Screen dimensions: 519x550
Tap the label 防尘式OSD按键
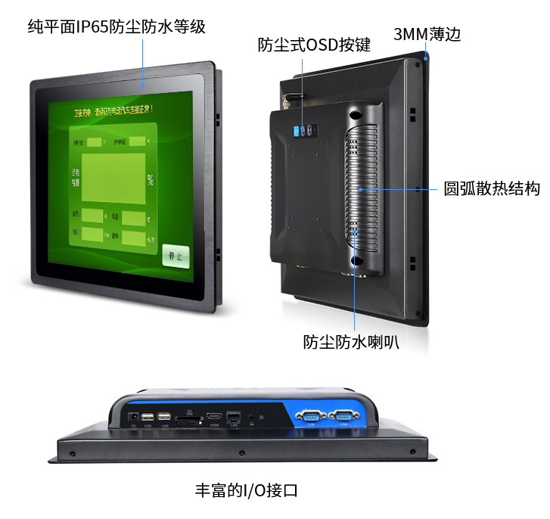coord(314,45)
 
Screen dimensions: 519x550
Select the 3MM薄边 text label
coord(427,35)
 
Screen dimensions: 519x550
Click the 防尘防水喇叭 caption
coord(351,342)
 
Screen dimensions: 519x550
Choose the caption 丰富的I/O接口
coord(247,489)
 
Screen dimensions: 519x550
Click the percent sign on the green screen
coord(151,180)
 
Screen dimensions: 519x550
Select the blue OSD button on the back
coord(297,131)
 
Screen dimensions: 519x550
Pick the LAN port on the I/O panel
coord(233,416)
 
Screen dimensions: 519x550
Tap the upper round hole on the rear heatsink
coord(355,114)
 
